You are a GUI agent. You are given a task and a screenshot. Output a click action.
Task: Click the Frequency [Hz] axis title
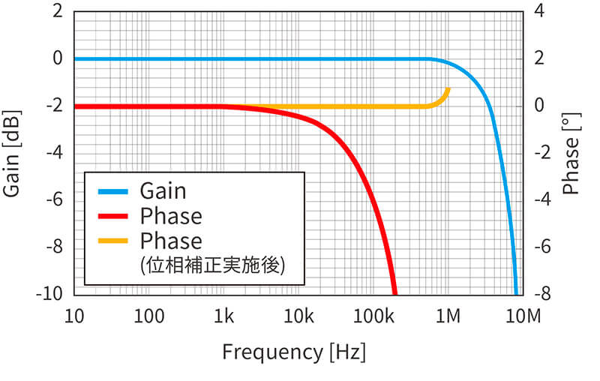coord(293,351)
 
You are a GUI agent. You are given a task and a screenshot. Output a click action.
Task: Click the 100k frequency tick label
coord(373,316)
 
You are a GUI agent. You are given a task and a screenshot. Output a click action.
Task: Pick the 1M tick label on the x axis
coord(448,316)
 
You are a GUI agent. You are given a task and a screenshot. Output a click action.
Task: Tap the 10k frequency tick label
coord(298,316)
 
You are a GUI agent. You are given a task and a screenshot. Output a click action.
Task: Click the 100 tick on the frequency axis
coord(149,316)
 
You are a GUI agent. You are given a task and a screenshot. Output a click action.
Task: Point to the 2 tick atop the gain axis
coord(58,12)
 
